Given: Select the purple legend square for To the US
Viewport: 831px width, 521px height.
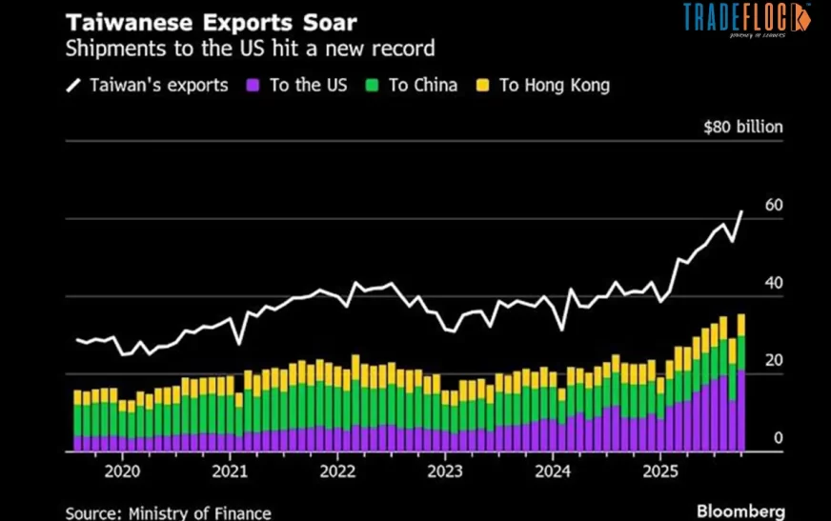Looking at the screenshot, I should pos(253,86).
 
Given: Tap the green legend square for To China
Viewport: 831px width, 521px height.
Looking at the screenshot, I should pos(372,86).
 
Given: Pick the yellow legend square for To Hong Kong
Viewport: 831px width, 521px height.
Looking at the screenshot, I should pos(482,86).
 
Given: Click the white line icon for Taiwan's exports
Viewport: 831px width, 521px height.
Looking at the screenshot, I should pos(73,86).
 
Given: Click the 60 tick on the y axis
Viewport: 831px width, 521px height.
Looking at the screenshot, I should pos(773,205).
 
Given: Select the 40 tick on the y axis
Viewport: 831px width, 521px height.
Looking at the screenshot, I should pos(773,283).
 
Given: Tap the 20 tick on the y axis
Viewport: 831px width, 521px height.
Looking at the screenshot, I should pos(773,360).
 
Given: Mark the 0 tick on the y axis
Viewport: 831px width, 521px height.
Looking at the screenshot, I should pos(778,438).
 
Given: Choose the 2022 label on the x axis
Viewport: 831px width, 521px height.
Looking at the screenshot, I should pos(337,471).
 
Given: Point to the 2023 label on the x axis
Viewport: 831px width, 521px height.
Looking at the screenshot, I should pos(445,471).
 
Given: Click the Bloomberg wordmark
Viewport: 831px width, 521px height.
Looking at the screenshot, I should pos(740,511).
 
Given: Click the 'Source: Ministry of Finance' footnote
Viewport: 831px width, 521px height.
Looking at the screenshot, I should pos(168,512).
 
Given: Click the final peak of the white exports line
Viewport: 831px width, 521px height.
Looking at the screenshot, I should pos(741,211).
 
